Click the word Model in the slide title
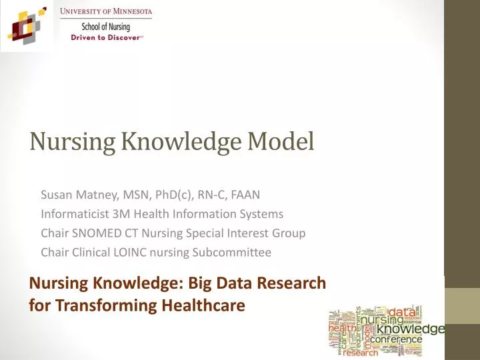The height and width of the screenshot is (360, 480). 280,142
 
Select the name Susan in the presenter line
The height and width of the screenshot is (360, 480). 56,195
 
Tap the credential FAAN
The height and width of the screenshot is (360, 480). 246,195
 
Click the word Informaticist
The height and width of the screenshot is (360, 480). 73,214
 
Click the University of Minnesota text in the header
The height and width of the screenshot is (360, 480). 106,12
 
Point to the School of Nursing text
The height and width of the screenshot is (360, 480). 106,27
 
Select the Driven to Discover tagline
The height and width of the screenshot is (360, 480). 106,37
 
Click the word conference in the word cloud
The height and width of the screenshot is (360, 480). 396,339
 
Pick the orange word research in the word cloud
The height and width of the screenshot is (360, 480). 361,353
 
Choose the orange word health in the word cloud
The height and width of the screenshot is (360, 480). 342,328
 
